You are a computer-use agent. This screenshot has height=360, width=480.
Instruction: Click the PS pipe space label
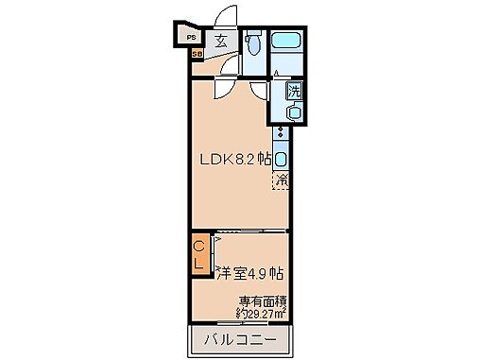point(190,38)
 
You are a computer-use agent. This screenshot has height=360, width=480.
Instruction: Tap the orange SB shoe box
point(197,55)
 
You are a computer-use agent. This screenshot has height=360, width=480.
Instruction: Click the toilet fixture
point(252,45)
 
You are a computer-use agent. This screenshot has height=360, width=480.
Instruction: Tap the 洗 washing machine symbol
point(294,92)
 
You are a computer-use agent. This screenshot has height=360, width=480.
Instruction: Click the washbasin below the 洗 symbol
point(294,112)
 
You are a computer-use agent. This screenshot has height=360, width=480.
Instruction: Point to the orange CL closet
point(199,255)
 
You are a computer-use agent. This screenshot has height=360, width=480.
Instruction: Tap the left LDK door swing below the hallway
point(224,89)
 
